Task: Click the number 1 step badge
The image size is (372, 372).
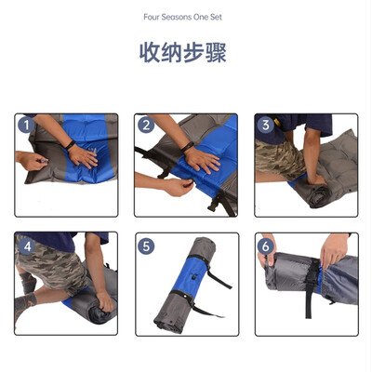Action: click(x=26, y=126)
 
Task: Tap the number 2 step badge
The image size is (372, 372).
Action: click(x=146, y=126)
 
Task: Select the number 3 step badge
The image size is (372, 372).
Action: click(x=266, y=126)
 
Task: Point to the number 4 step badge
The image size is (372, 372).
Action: click(x=27, y=246)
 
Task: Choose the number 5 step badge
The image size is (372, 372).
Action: click(x=146, y=246)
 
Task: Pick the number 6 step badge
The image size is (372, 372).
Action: click(x=266, y=246)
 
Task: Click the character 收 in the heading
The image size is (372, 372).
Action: click(x=150, y=53)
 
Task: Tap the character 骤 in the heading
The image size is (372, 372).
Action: click(x=217, y=53)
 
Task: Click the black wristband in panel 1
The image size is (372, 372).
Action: click(x=71, y=145)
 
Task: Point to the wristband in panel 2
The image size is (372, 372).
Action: click(x=187, y=147)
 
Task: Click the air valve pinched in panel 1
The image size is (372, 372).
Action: click(x=44, y=161)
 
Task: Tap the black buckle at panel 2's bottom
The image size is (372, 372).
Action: click(x=215, y=205)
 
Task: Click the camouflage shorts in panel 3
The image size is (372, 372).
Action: click(x=279, y=158)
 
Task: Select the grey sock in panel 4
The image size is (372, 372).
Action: click(x=25, y=302)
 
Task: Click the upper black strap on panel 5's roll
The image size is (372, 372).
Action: click(x=211, y=270)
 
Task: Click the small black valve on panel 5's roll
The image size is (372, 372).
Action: click(x=193, y=277)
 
